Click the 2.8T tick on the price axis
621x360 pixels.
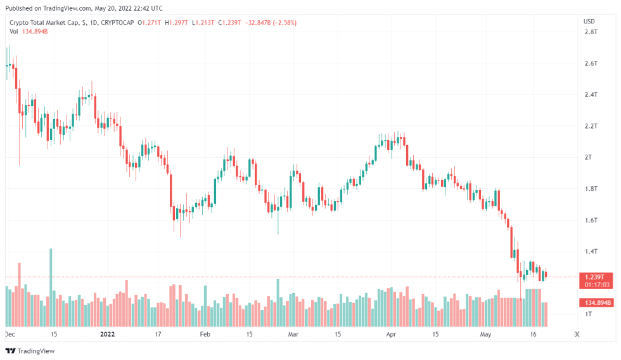tap(591, 32)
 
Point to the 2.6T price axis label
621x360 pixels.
tap(591, 63)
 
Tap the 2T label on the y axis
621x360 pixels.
tap(588, 157)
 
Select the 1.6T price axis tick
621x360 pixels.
tap(591, 220)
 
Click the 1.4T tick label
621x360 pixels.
tap(591, 252)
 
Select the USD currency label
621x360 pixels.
tap(589, 22)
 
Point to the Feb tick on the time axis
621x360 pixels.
tap(205, 333)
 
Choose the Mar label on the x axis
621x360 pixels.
tap(293, 333)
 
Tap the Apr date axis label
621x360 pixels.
tap(391, 333)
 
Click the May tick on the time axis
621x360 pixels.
tap(486, 333)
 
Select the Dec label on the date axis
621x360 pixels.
tap(10, 333)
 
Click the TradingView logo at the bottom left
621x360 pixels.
tap(30, 350)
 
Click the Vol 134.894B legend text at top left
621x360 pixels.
tap(29, 31)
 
